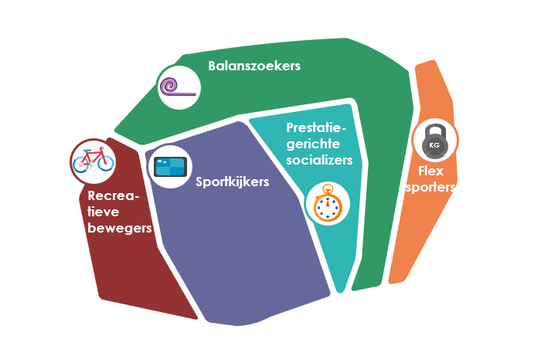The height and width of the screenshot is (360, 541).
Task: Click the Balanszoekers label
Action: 254,66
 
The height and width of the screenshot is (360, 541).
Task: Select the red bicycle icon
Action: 92,160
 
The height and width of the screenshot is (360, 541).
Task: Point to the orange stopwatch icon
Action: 328,205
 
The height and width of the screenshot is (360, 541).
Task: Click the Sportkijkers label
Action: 232,182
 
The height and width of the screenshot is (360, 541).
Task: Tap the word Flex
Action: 430,171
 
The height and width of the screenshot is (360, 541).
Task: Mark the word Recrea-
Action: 114,195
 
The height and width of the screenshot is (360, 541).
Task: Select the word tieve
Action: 105,212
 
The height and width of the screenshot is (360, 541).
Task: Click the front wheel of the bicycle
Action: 104,163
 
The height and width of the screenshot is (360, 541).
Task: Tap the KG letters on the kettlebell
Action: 434,145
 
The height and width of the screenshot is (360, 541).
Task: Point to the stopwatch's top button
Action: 328,187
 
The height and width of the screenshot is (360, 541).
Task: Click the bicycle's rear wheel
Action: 80,163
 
